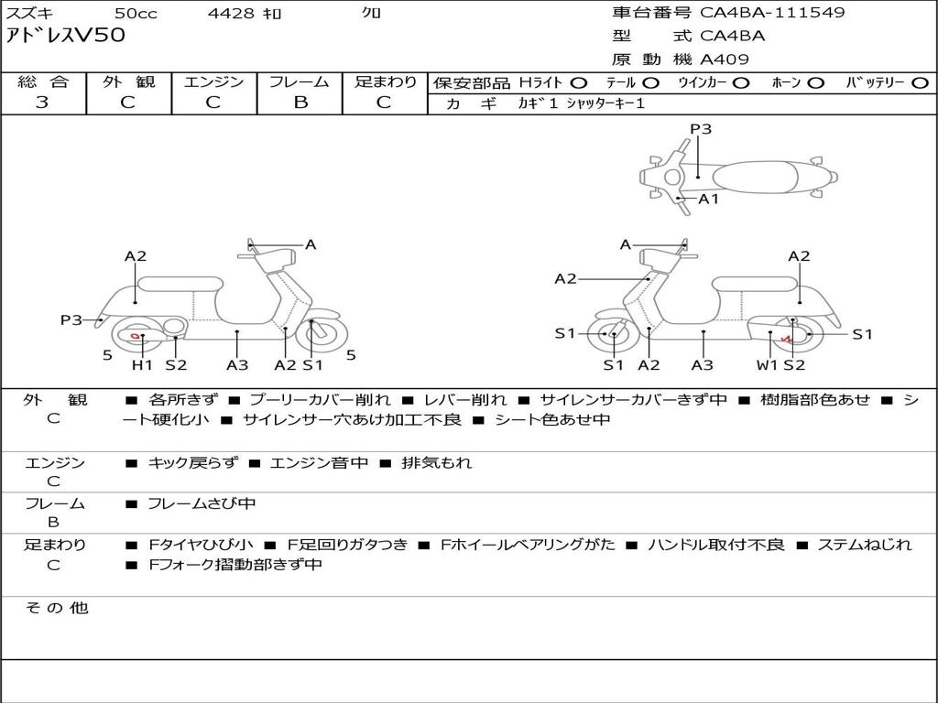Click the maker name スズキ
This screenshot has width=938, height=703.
(x=30, y=14)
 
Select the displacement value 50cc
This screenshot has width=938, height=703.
(x=135, y=14)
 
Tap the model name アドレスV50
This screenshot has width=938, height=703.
(x=65, y=37)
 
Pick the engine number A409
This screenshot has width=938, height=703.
(x=725, y=59)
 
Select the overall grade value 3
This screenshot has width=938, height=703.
(x=42, y=102)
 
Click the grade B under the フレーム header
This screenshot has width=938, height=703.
(x=300, y=102)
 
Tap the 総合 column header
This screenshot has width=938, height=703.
(x=43, y=81)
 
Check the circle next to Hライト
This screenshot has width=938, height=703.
(x=578, y=82)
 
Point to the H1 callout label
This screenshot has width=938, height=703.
(x=142, y=365)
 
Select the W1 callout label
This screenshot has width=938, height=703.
(x=767, y=365)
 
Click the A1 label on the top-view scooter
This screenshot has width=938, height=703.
(x=709, y=199)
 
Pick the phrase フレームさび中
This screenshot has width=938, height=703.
(x=202, y=503)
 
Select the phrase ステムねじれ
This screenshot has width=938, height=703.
(x=864, y=545)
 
